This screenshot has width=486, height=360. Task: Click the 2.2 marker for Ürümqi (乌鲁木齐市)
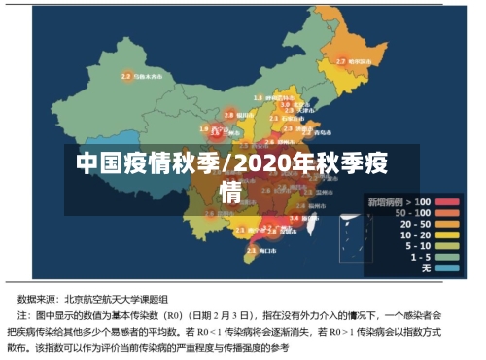(125, 75)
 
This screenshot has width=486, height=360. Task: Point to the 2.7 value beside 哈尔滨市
(341, 60)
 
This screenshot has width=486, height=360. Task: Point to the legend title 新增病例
(384, 201)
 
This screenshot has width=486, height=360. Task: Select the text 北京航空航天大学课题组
(115, 299)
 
